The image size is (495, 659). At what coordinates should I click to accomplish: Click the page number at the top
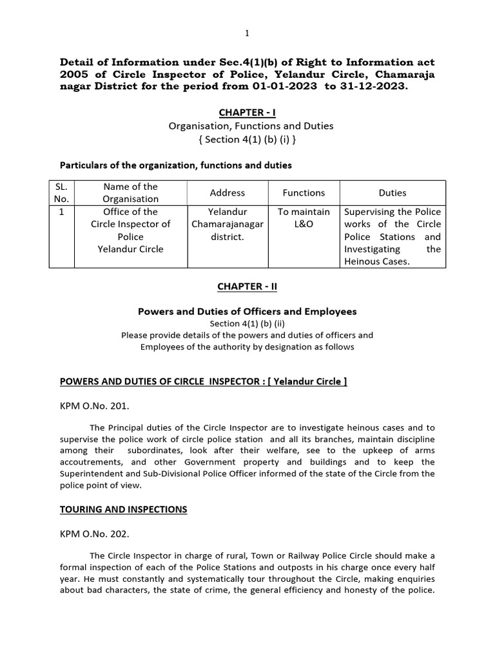[x=247, y=33]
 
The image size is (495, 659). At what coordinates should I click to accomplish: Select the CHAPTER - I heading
[x=247, y=113]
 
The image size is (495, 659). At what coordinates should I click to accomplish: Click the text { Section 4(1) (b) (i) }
[x=247, y=139]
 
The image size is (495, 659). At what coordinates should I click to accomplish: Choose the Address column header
[x=228, y=192]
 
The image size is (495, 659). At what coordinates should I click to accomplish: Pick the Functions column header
[x=304, y=192]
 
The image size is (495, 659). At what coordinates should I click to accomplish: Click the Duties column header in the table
[x=393, y=192]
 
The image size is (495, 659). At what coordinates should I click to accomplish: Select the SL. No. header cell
[x=62, y=192]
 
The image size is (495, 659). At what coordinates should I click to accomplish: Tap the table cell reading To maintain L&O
[x=304, y=218]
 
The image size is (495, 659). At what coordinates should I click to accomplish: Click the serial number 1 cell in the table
[x=62, y=212]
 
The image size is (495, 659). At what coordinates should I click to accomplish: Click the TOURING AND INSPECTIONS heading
[x=124, y=509]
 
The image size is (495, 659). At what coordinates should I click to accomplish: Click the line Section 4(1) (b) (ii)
[x=247, y=324]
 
